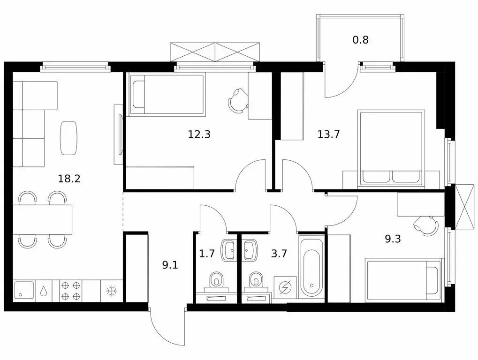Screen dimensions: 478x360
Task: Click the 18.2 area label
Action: [69, 179]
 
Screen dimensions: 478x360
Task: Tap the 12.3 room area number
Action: [199, 134]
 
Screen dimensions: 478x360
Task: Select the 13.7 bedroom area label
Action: [329, 134]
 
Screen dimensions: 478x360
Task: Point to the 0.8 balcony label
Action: [361, 40]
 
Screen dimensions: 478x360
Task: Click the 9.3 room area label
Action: [393, 239]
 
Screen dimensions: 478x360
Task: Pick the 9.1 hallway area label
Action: [170, 265]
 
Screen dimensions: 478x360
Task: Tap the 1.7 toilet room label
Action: [207, 254]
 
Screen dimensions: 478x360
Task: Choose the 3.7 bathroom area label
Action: [279, 254]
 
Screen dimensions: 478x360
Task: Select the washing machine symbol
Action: [285, 287]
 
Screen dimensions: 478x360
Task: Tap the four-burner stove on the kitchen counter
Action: [71, 291]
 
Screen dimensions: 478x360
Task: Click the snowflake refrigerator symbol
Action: [112, 291]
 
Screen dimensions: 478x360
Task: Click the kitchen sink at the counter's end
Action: [24, 291]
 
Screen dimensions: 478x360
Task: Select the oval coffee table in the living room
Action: [69, 138]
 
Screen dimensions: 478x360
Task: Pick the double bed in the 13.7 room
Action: [391, 147]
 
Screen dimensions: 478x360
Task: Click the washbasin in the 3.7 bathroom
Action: [251, 250]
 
